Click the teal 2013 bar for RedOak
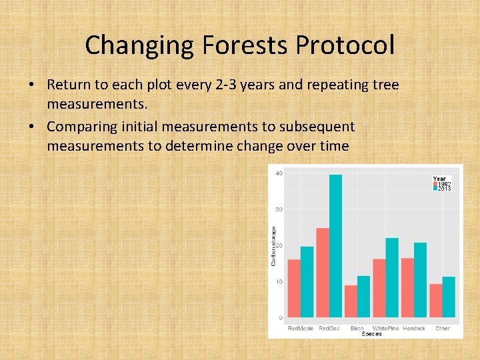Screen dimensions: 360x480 click(335, 246)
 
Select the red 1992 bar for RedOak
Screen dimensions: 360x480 click(323, 273)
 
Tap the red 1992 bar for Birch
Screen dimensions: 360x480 click(351, 301)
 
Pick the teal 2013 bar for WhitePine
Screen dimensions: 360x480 click(392, 277)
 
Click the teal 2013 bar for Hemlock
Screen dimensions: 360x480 click(420, 280)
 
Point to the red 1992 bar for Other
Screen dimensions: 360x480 click(436, 301)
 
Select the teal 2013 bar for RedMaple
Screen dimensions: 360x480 click(307, 282)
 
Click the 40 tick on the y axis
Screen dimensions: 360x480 click(279, 173)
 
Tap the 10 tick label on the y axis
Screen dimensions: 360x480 click(279, 281)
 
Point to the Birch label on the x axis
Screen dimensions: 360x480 click(357, 329)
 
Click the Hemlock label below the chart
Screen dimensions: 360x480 click(413, 329)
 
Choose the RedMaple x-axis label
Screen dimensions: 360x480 click(301, 329)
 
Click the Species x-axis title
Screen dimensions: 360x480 click(371, 334)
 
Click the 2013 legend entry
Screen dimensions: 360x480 click(444, 189)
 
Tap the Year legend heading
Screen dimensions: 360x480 click(439, 179)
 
